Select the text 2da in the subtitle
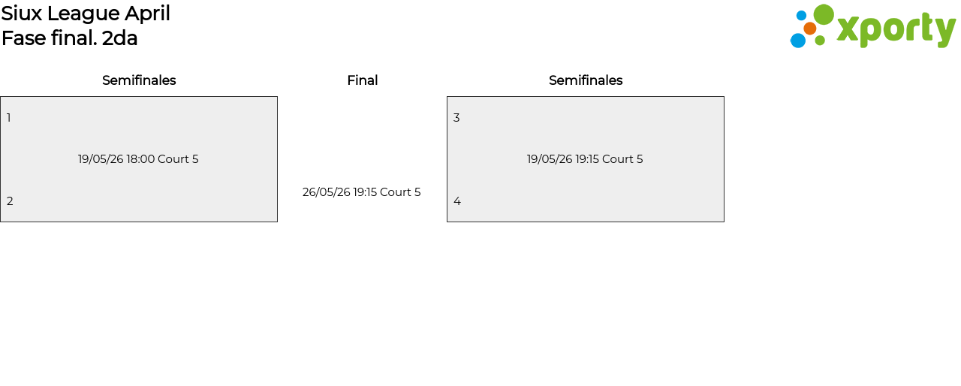click(x=119, y=38)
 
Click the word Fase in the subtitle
click(x=24, y=38)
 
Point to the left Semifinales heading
click(x=139, y=80)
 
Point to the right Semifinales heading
click(x=586, y=80)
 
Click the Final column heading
click(x=362, y=80)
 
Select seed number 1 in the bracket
click(x=9, y=118)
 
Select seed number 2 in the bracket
click(x=10, y=201)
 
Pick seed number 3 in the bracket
click(x=456, y=118)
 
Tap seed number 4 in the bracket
click(x=457, y=201)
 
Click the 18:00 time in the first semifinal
click(x=140, y=159)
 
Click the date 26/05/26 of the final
click(x=327, y=192)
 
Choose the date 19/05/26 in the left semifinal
click(x=101, y=159)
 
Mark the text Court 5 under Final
click(x=400, y=192)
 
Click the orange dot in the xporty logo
click(x=810, y=29)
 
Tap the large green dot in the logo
click(x=824, y=15)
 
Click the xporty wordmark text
click(x=896, y=30)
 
